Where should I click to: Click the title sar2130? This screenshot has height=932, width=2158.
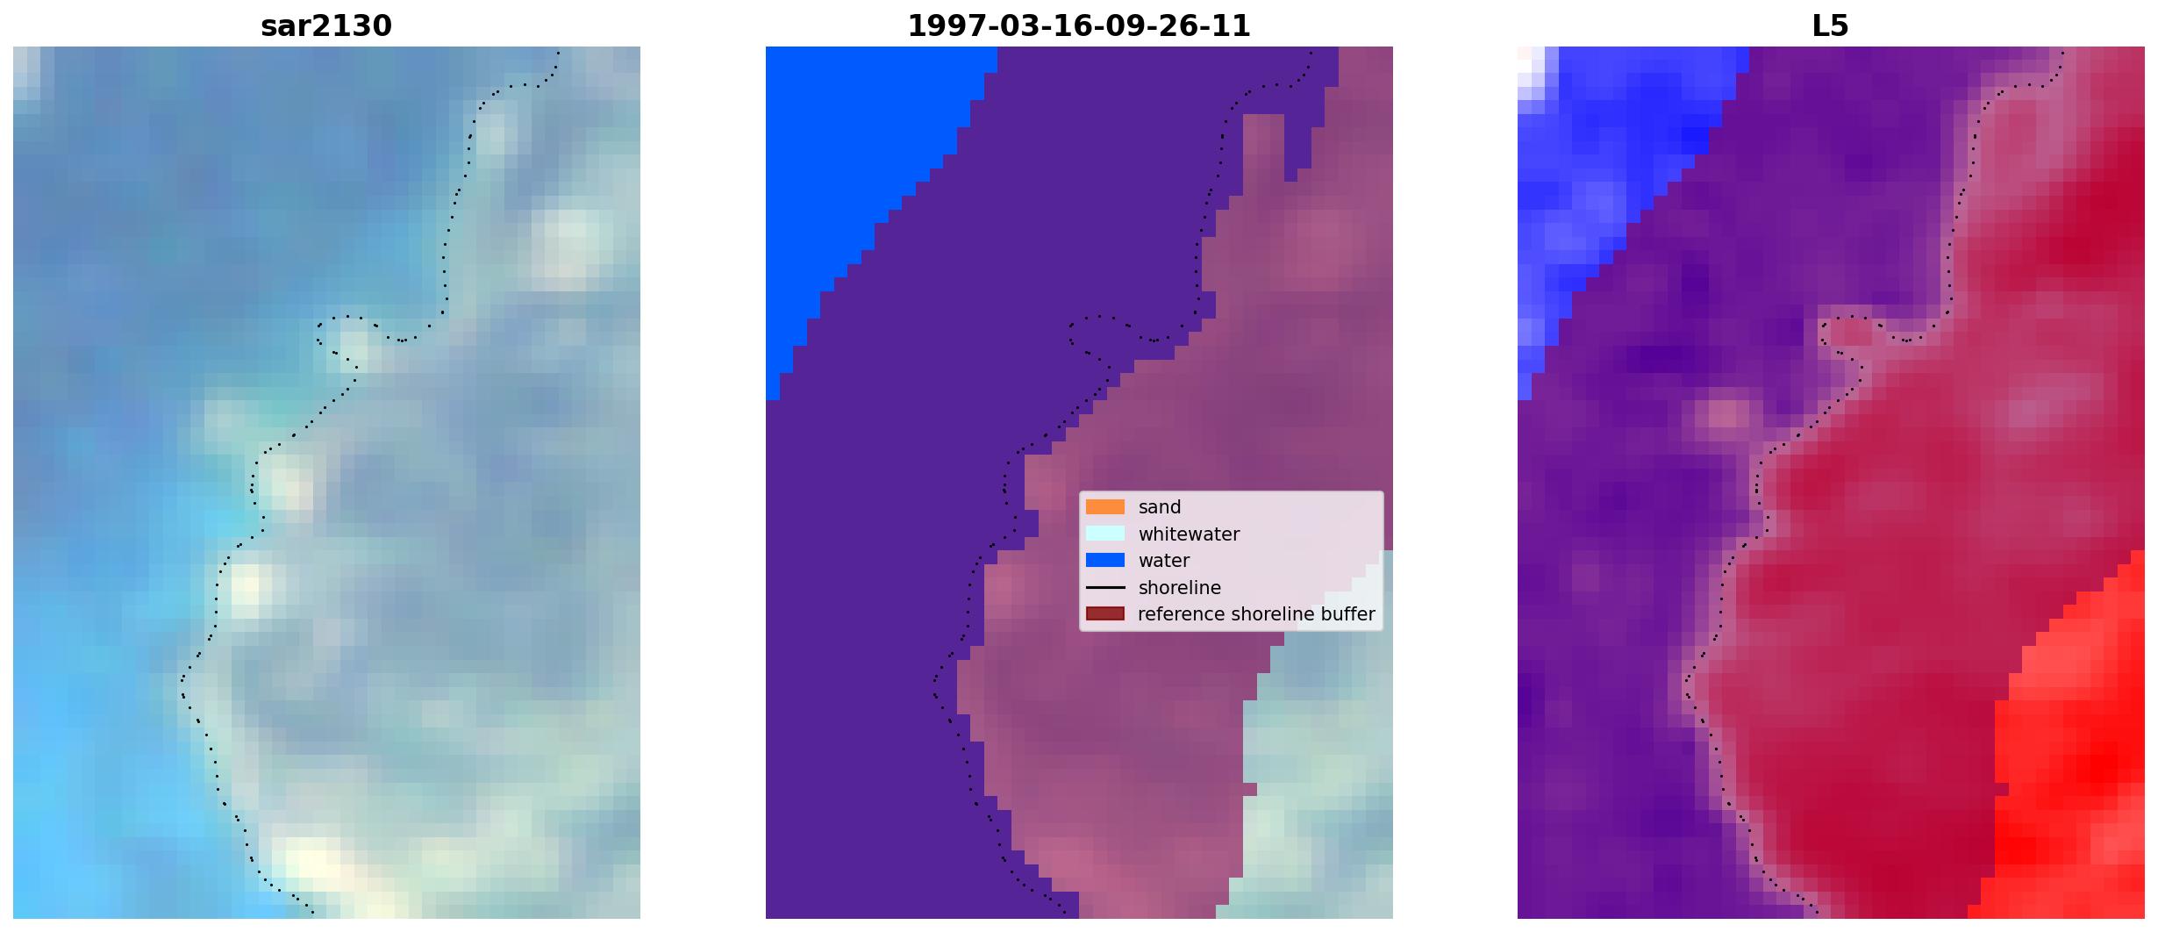click(x=326, y=26)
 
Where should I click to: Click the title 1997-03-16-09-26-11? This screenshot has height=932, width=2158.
click(x=1079, y=26)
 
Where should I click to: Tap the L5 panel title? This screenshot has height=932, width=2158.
click(x=1831, y=26)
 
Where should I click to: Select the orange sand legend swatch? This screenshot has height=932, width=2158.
click(x=1105, y=506)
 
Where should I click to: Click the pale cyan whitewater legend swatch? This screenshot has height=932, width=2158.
click(x=1105, y=534)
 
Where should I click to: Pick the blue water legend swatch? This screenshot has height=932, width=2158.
click(x=1105, y=560)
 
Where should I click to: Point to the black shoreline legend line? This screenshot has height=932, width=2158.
click(x=1105, y=587)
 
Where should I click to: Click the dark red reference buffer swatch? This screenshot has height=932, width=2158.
click(x=1105, y=613)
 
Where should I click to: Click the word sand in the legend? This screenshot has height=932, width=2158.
click(x=1160, y=507)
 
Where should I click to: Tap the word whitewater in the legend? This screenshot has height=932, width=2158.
click(x=1189, y=534)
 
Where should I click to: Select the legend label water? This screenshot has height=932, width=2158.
click(x=1164, y=561)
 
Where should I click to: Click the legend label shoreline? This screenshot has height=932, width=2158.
click(x=1179, y=588)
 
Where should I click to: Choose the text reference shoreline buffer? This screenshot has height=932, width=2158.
click(x=1256, y=614)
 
